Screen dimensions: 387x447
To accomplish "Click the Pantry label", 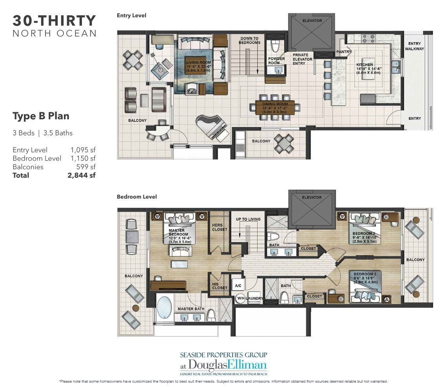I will pos(343,51).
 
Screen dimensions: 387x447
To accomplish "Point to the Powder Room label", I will pos(276,61).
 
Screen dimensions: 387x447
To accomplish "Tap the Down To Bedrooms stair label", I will pos(250,40).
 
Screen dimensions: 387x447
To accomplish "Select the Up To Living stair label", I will pos(247,219).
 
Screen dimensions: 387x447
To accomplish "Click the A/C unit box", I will pos(237,286).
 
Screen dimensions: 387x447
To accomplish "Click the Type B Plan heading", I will pos(41,116).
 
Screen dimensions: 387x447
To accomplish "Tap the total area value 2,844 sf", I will pos(82,175).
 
